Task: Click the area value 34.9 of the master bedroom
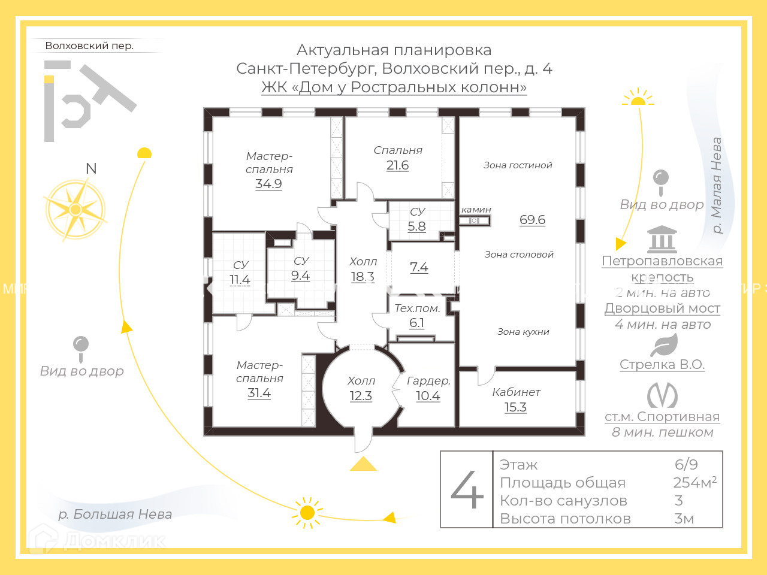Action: coord(268,184)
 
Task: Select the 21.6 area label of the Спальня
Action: coord(397,165)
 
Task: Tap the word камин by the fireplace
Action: coord(476,210)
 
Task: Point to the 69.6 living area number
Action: coord(532,220)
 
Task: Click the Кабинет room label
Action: coord(516,392)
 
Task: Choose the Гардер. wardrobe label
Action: coord(428,381)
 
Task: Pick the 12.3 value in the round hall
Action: coord(361,396)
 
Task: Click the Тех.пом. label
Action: coord(417,308)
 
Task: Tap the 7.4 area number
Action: coord(419,267)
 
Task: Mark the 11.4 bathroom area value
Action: coord(240,280)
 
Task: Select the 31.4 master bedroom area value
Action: coord(259,393)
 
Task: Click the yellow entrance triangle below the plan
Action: coord(363,464)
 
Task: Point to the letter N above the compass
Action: coord(91,168)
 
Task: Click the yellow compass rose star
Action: coord(76,210)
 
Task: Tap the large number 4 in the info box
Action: coord(467,489)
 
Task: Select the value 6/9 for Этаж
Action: coord(686,464)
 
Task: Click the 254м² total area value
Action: coord(694,482)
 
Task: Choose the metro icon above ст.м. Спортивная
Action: coord(662,395)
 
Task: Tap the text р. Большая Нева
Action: coord(115,514)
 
